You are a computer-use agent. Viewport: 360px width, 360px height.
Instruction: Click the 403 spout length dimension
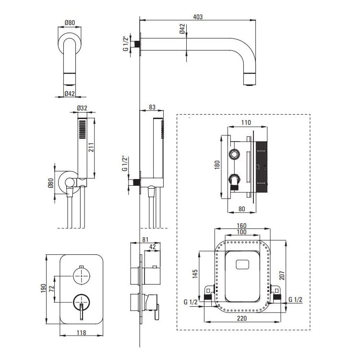197,17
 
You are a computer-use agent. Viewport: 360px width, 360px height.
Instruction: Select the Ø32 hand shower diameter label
82,108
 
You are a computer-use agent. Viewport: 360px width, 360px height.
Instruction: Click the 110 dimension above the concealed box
246,122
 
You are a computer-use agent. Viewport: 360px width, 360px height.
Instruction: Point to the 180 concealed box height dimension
217,165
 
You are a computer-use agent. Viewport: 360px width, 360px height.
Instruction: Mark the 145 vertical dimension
195,274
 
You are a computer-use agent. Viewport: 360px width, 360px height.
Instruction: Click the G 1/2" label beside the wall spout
126,43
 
